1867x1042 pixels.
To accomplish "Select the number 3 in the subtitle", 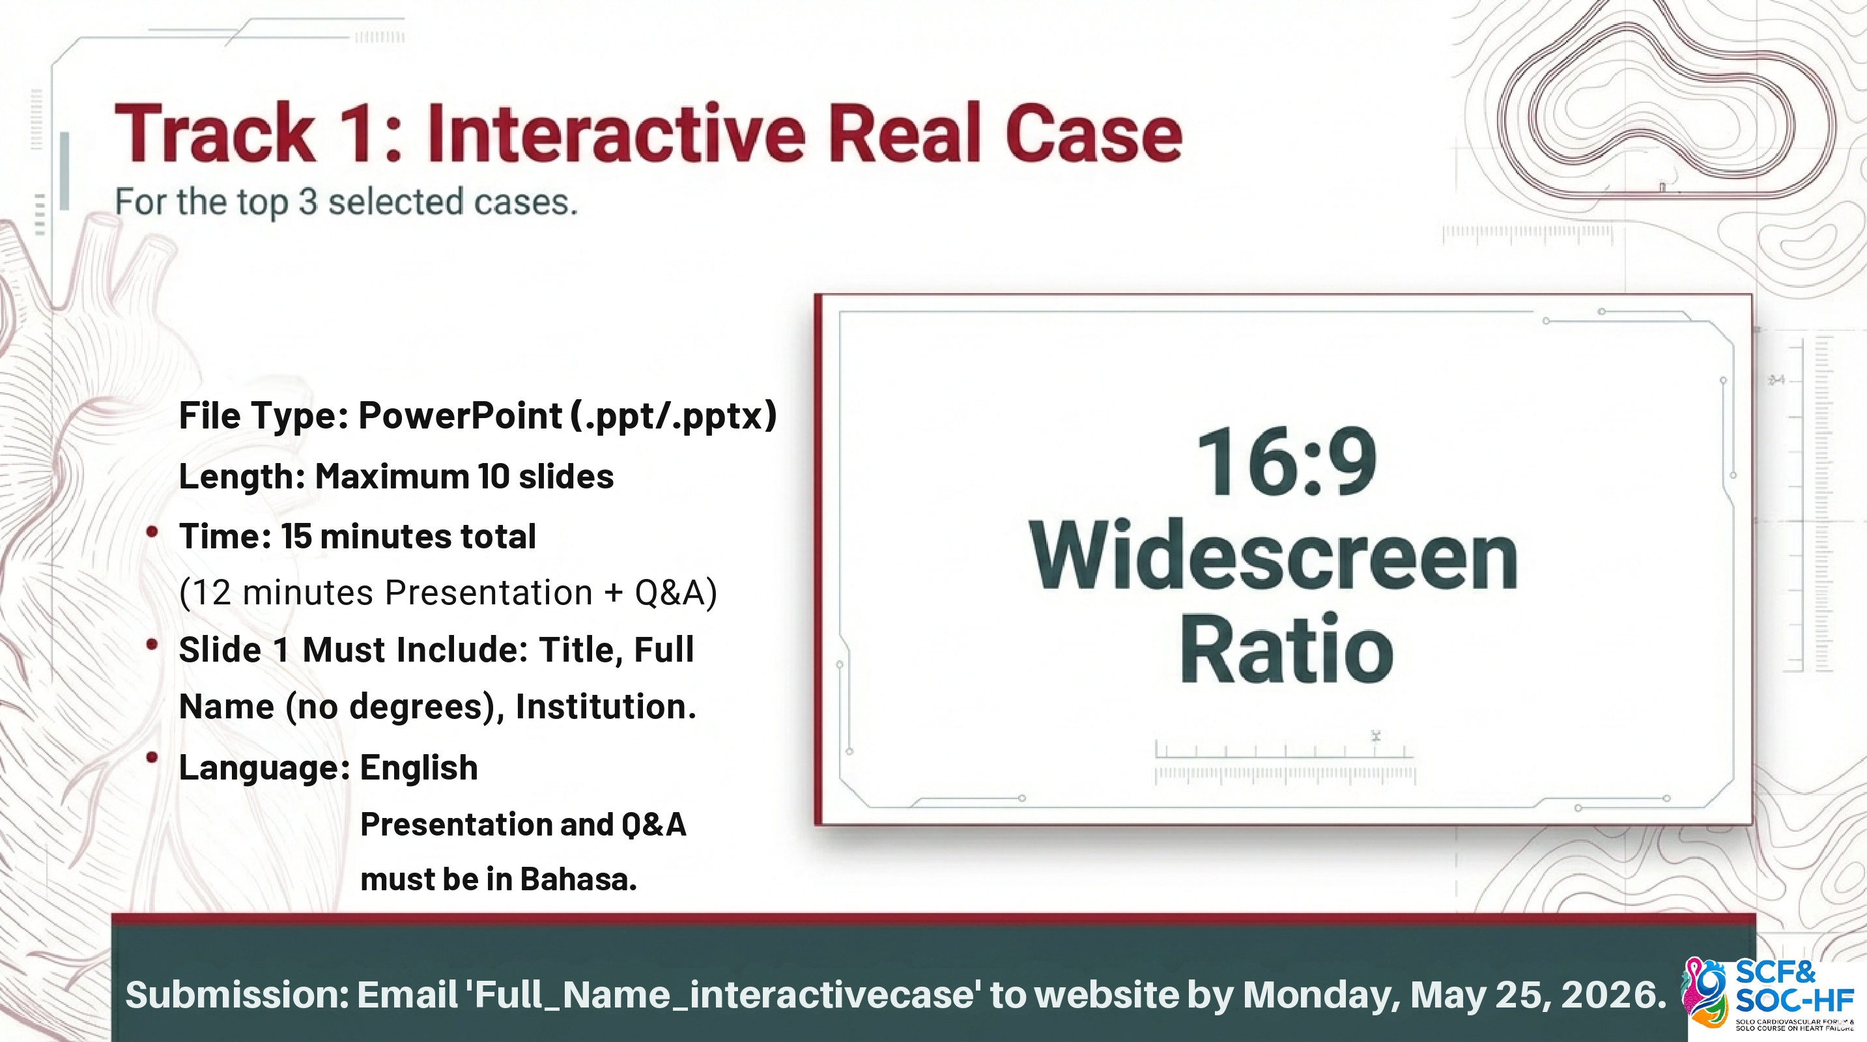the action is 308,201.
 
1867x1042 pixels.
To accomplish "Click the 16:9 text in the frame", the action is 1287,462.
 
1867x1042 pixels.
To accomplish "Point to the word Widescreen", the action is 1274,556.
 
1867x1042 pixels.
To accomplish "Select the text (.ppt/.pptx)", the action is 674,416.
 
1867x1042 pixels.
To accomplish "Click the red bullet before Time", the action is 152,532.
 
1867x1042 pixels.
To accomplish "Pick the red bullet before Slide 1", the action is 152,644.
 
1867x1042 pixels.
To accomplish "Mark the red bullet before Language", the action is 152,758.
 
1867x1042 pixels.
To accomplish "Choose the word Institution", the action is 606,707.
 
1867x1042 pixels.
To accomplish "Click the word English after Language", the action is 419,768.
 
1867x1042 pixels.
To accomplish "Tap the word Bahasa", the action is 578,879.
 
